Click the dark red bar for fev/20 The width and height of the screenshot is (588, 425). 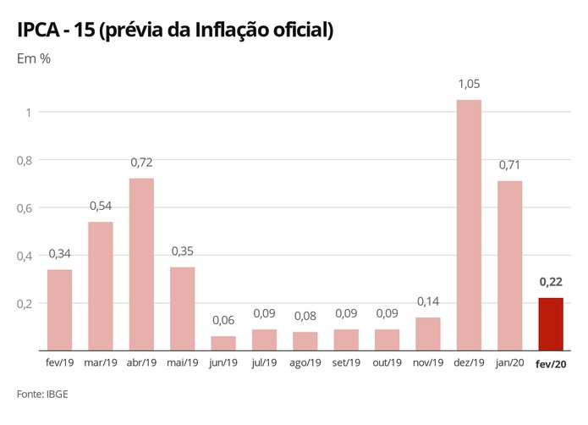coord(550,323)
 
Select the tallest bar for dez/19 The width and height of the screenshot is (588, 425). coord(468,224)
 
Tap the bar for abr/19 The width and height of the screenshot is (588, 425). coord(141,264)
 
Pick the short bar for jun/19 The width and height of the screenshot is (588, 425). coord(223,343)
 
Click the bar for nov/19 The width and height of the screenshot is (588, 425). coord(428,334)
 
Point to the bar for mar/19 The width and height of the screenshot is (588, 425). coord(101,285)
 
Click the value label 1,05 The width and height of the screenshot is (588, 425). coord(468,85)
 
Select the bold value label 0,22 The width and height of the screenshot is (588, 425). coord(550,283)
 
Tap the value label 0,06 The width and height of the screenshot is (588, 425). coord(223,322)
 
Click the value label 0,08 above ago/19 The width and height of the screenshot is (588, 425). coord(305,317)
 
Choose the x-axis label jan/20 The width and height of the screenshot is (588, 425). coord(509,362)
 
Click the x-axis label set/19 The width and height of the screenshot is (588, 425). coord(346,362)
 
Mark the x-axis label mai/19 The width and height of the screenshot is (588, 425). coord(183,362)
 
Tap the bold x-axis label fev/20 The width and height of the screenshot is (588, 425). coord(550,362)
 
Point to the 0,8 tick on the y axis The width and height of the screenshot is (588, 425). coord(25,160)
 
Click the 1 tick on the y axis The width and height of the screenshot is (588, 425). coord(29,112)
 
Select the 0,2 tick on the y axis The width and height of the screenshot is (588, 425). coord(25,303)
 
